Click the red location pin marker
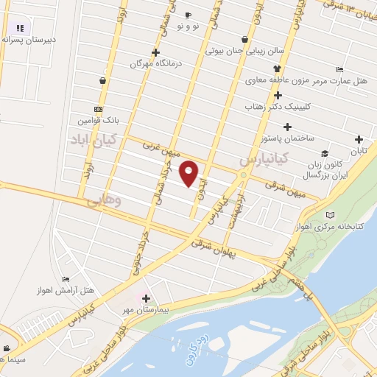(189, 173)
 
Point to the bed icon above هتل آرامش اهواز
(66, 279)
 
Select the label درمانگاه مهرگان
(155, 64)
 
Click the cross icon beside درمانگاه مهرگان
(155, 52)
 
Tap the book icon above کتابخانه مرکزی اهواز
(329, 214)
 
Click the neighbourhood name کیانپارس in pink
(262, 158)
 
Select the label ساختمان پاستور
(289, 138)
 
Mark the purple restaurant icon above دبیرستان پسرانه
(21, 27)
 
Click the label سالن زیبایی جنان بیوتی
(242, 52)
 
